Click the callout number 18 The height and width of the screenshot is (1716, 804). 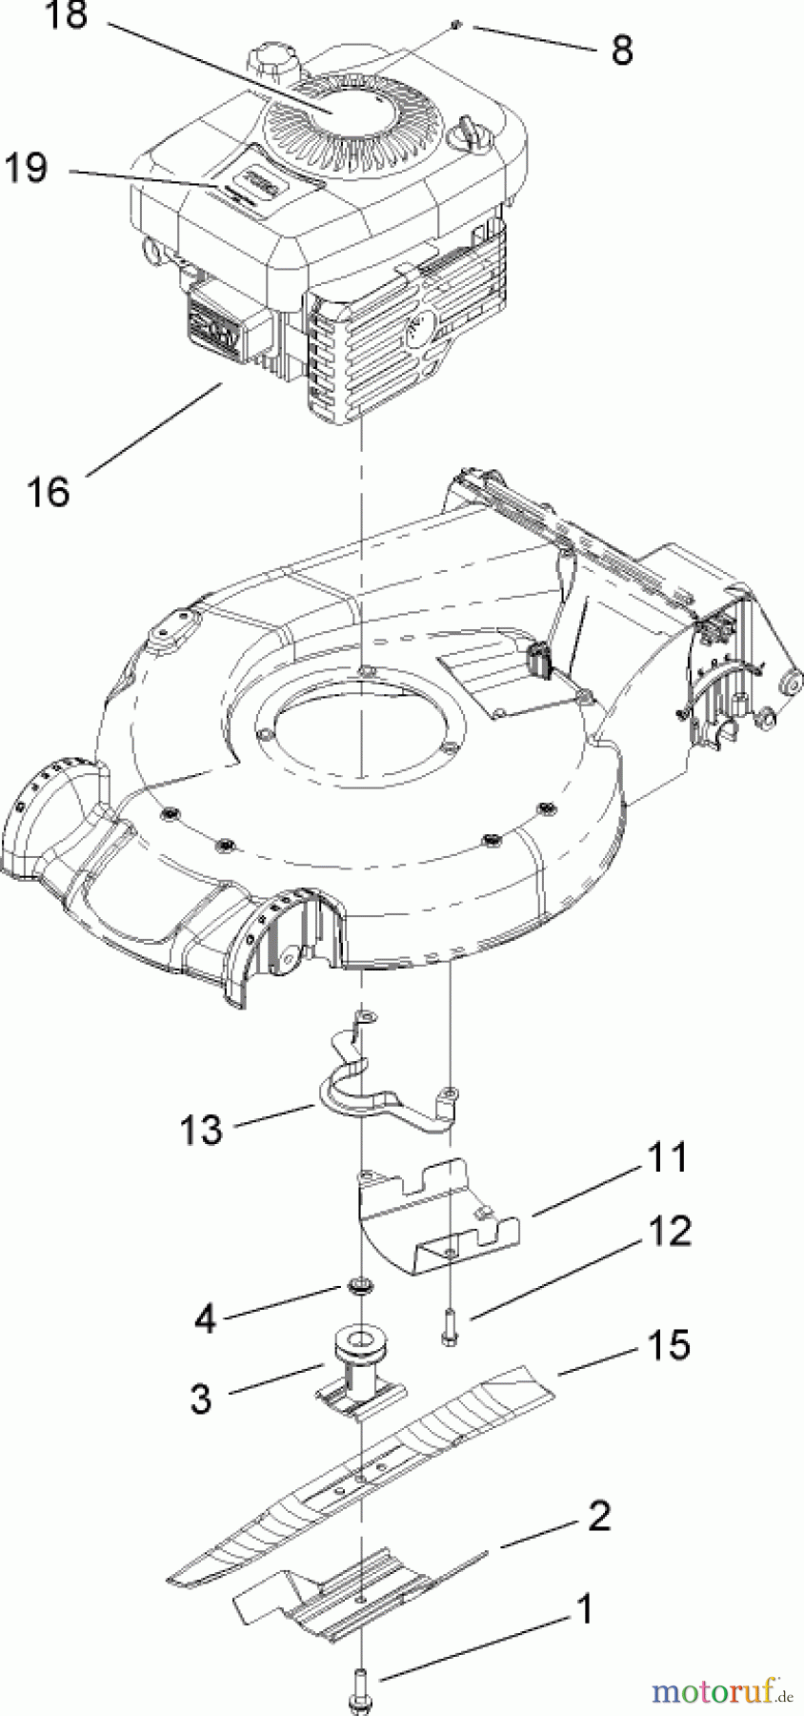67,17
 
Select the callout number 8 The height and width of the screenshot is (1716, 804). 622,51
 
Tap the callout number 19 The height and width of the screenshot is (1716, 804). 27,169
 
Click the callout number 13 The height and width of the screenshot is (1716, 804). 201,1130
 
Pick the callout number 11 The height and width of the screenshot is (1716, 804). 667,1157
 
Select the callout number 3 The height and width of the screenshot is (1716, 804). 201,1399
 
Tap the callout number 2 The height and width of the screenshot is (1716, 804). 598,1515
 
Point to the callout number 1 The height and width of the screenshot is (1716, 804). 585,1609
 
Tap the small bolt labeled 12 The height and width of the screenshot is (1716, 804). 449,1326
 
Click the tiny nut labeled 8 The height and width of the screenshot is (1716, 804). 458,26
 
